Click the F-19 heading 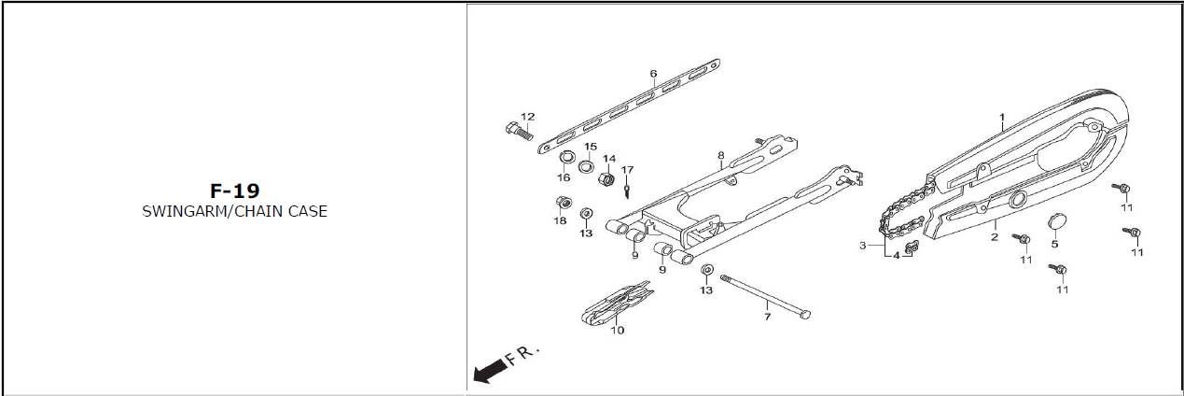click(x=235, y=191)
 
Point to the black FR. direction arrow click(x=488, y=371)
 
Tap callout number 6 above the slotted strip click(x=653, y=74)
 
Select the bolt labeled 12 click(x=519, y=130)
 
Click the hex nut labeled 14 click(x=606, y=179)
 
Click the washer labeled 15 click(x=586, y=166)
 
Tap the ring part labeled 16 click(x=567, y=157)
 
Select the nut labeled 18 click(x=563, y=203)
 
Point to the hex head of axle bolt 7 click(x=805, y=315)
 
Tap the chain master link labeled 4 click(x=912, y=247)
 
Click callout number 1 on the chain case click(x=1001, y=117)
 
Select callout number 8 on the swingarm click(x=721, y=155)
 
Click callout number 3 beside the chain click(x=863, y=246)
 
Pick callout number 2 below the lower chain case click(x=995, y=237)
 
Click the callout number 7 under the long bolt click(x=768, y=317)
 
